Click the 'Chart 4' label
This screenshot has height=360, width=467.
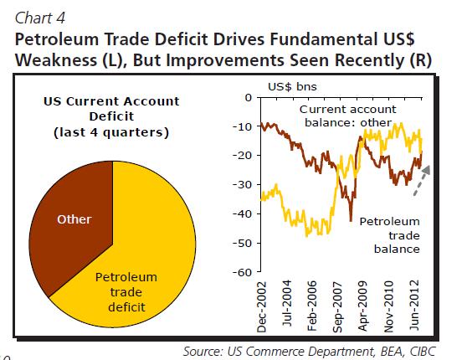click(40, 18)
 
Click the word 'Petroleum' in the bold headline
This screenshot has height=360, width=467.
click(57, 39)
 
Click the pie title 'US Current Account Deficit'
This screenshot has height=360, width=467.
click(111, 109)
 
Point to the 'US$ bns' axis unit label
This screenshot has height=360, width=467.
click(292, 87)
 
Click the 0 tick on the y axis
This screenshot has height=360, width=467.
click(248, 97)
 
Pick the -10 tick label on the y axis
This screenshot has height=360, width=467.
click(242, 126)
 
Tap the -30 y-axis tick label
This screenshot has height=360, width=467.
click(242, 185)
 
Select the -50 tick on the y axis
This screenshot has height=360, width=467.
click(242, 243)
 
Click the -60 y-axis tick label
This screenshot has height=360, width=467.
click(242, 272)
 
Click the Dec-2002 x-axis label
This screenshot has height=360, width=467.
click(261, 306)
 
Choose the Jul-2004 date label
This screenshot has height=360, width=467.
click(286, 303)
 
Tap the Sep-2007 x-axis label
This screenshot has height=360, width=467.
click(337, 306)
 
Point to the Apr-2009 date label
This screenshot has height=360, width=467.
click(362, 306)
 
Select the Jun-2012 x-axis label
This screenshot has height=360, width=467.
click(414, 306)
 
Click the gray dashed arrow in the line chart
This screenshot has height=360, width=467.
click(422, 181)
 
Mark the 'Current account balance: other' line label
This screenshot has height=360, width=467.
click(348, 116)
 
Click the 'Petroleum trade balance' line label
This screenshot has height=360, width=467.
click(389, 235)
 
